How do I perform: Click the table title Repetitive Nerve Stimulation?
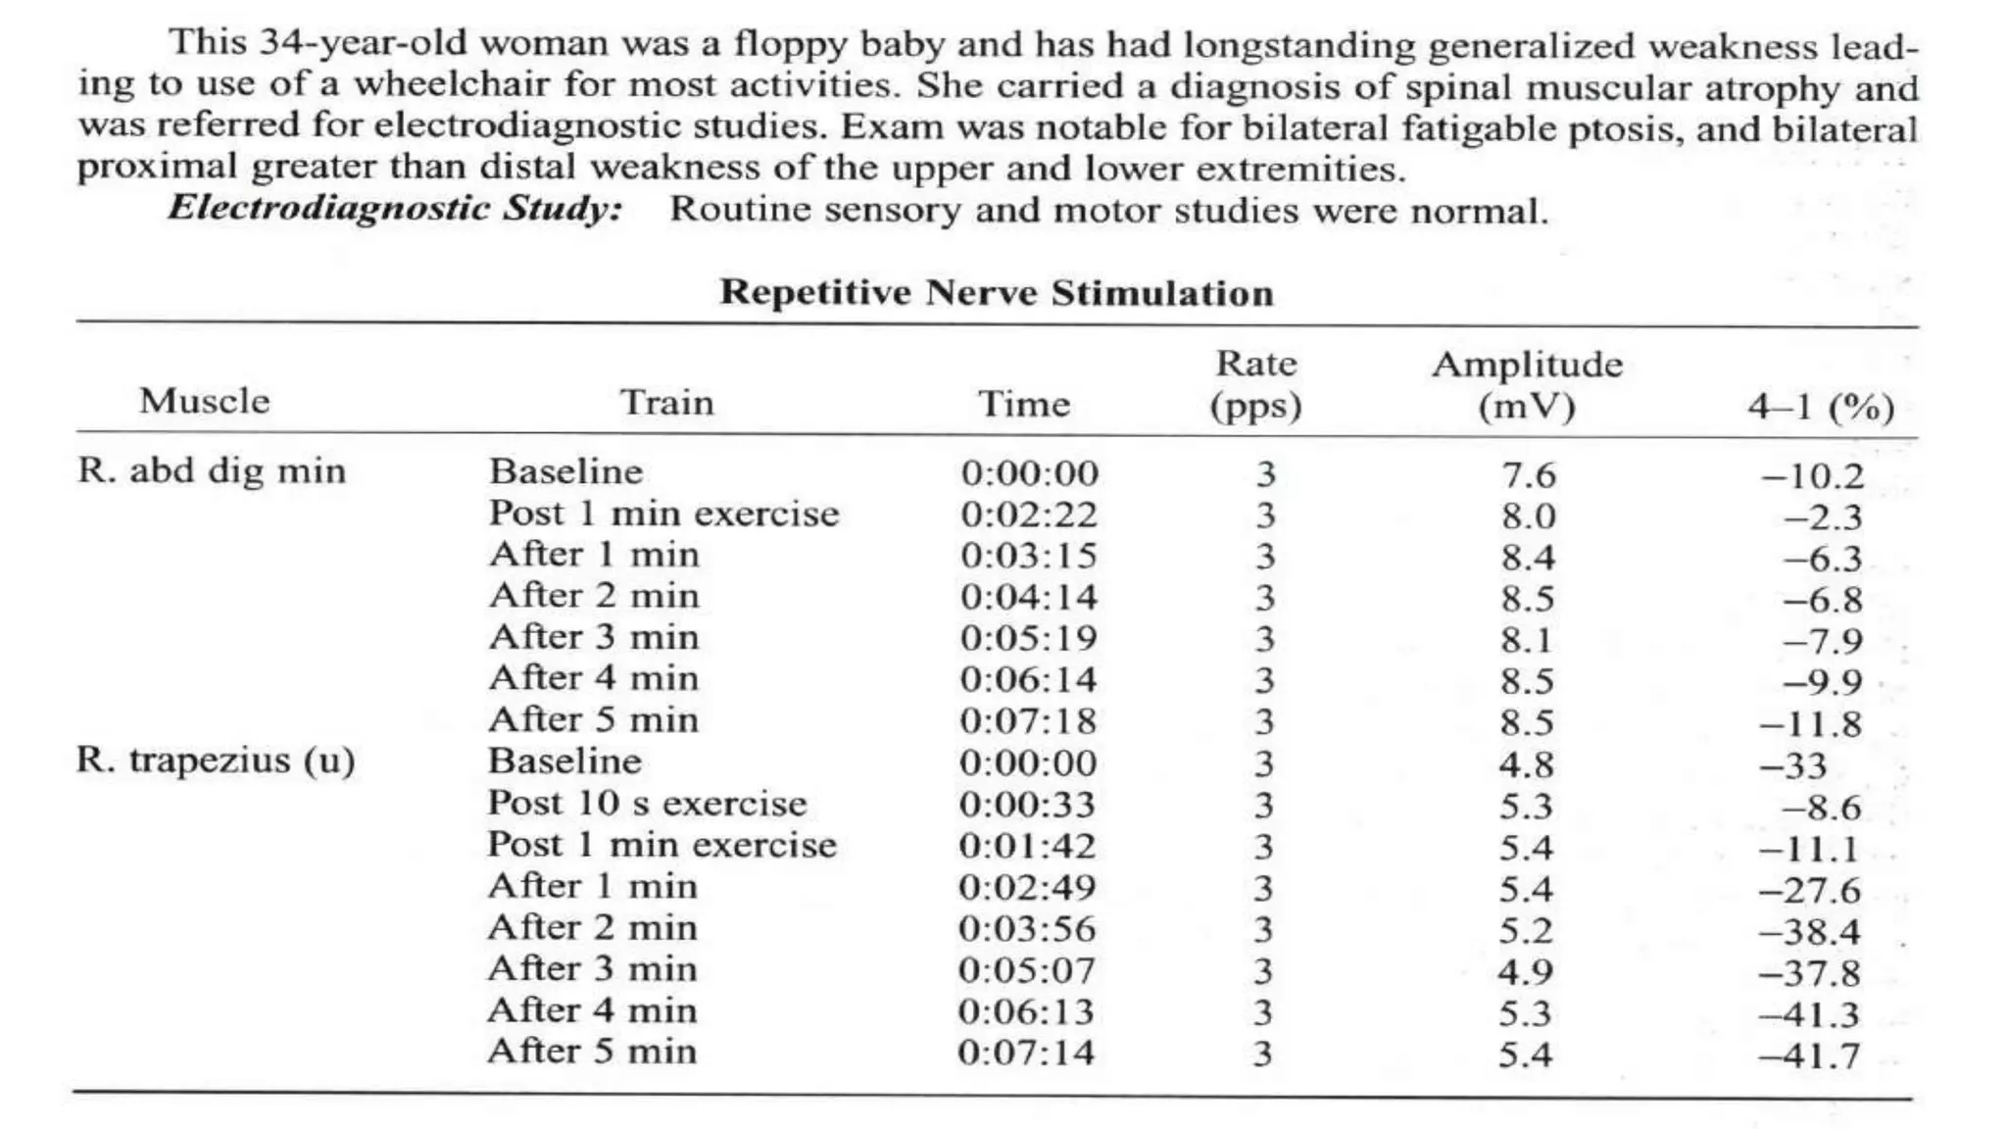996,293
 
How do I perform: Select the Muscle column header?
204,402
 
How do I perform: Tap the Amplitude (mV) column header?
1527,384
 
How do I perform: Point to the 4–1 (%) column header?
1820,406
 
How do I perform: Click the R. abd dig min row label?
212,471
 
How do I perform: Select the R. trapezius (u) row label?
216,761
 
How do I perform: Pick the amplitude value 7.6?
1528,475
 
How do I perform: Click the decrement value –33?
1792,765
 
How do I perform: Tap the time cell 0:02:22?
1029,515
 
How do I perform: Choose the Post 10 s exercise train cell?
647,804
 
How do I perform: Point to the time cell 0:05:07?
1026,971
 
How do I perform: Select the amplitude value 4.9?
1525,972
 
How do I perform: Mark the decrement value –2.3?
1822,517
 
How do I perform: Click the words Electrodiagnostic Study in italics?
395,209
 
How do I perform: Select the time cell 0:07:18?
1028,721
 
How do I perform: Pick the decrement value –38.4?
1808,931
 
